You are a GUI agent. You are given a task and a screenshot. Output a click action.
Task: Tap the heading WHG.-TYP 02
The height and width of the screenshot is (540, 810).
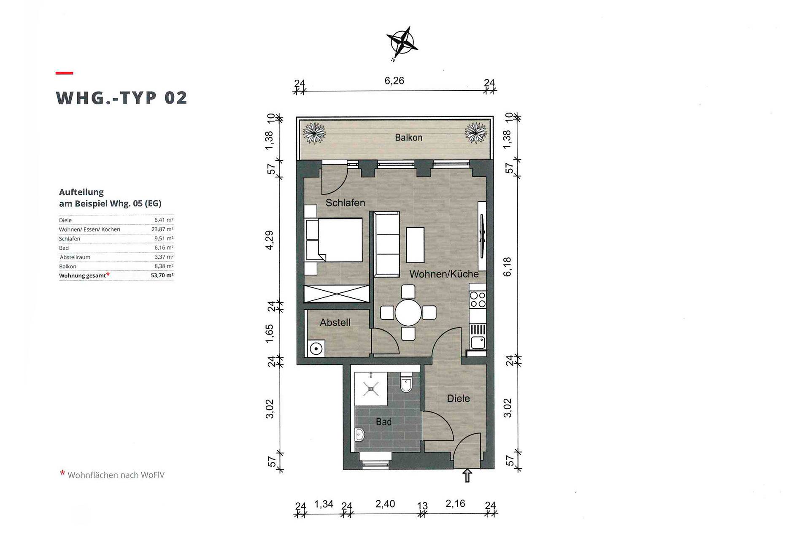pos(121,98)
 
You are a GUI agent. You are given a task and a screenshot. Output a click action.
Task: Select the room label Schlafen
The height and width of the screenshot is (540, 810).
pos(345,203)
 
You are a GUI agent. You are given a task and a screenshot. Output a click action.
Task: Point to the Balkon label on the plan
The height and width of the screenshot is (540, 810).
pos(408,138)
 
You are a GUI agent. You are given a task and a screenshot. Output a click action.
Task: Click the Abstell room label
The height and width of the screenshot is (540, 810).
pos(335,323)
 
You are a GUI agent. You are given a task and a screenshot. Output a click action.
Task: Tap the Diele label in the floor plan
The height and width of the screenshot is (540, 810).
pos(458,399)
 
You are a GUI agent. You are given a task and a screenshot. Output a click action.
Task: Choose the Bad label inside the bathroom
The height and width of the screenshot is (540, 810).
pos(383,422)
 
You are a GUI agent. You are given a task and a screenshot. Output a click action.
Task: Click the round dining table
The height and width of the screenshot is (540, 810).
pos(408,313)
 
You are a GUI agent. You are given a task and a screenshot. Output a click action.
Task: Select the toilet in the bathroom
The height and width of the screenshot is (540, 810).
pos(406,382)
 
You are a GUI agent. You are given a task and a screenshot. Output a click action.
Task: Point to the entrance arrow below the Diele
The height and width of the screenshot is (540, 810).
pos(467,475)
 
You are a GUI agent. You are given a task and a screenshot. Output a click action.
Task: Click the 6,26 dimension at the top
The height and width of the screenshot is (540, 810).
pos(394,81)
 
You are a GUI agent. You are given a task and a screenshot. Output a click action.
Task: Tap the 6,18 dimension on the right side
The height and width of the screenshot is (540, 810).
pos(507,267)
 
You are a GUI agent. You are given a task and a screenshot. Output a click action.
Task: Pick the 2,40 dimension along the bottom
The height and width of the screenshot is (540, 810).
pos(385,504)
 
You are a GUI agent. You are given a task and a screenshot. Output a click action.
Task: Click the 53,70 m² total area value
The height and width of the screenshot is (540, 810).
pos(162,275)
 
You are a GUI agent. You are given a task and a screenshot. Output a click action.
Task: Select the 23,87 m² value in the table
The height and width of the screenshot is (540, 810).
pos(162,229)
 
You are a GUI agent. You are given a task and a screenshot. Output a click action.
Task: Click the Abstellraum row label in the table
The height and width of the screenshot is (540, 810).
pos(75,257)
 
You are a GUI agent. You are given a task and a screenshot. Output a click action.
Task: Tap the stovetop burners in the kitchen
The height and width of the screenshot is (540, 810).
pos(478,300)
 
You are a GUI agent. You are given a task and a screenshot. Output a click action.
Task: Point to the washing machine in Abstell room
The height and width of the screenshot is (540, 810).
pos(316,348)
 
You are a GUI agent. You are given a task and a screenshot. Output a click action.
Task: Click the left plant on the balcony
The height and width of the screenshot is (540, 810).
pos(314,132)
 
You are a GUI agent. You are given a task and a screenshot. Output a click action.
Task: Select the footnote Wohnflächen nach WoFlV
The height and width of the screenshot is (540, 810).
pos(116,475)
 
